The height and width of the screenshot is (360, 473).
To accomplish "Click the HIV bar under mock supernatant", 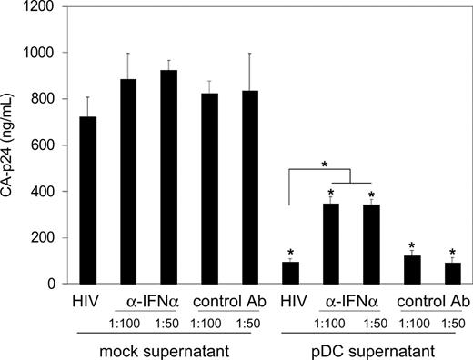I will pos(88,200).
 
